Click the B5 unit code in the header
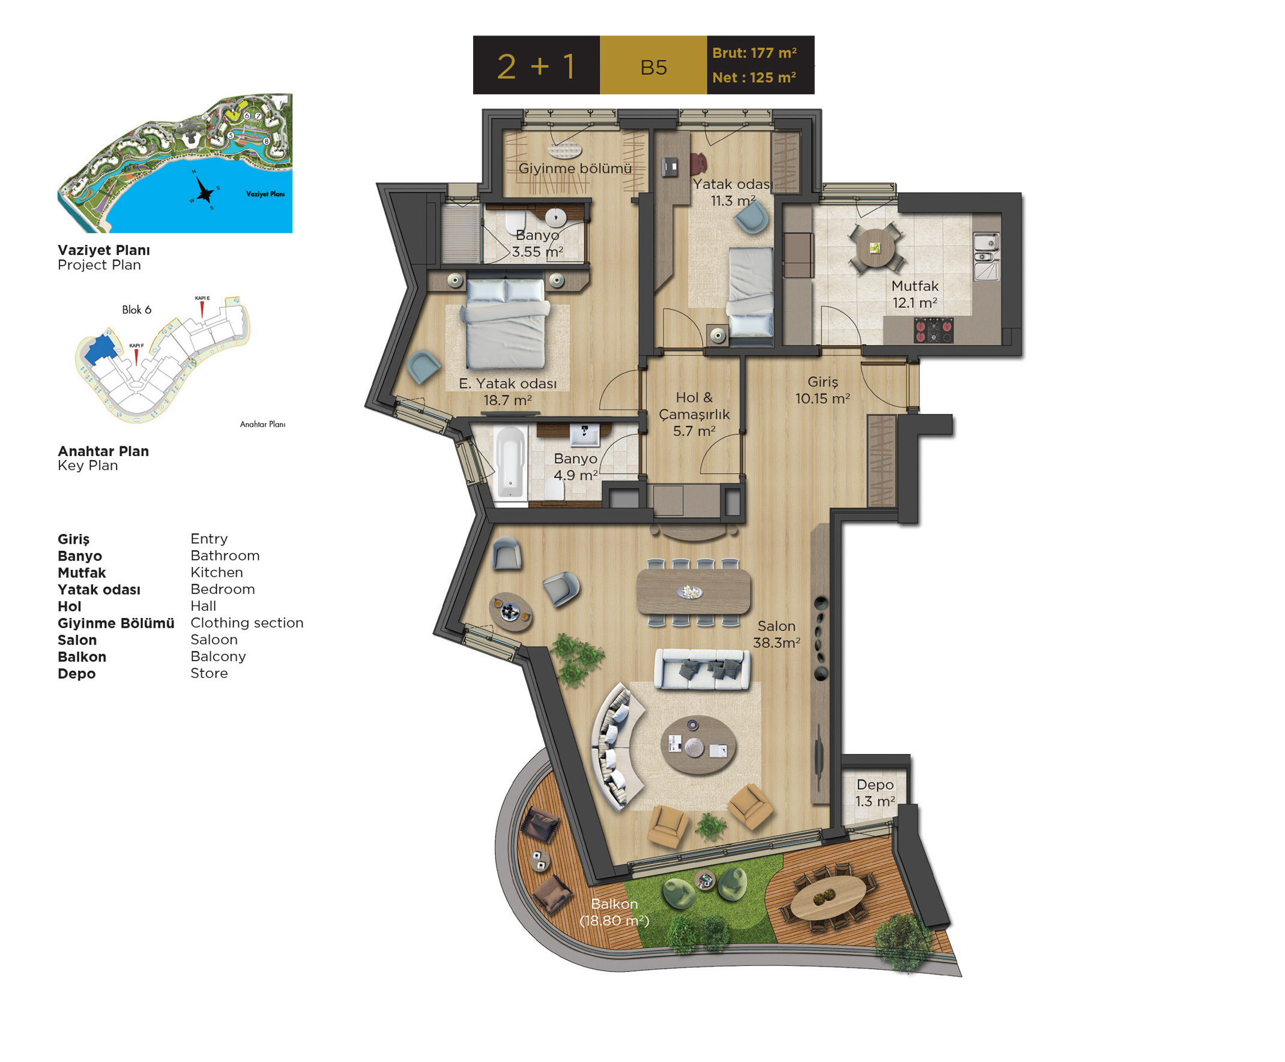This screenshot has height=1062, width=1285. pos(653,67)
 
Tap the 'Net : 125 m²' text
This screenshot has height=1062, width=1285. pos(754,77)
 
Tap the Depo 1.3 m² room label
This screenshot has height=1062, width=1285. pos(875,793)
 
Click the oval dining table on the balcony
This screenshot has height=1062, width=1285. pos(828,897)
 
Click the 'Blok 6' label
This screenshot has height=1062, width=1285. pos(136,310)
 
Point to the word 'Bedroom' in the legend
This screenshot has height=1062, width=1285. pos(223,589)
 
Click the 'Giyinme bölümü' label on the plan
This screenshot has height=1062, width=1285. pos(575,168)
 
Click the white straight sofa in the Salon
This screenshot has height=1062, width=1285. pos(703,669)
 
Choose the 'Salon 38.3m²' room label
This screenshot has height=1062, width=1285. pos(776,634)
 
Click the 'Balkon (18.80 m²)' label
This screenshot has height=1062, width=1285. pos(614,912)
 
